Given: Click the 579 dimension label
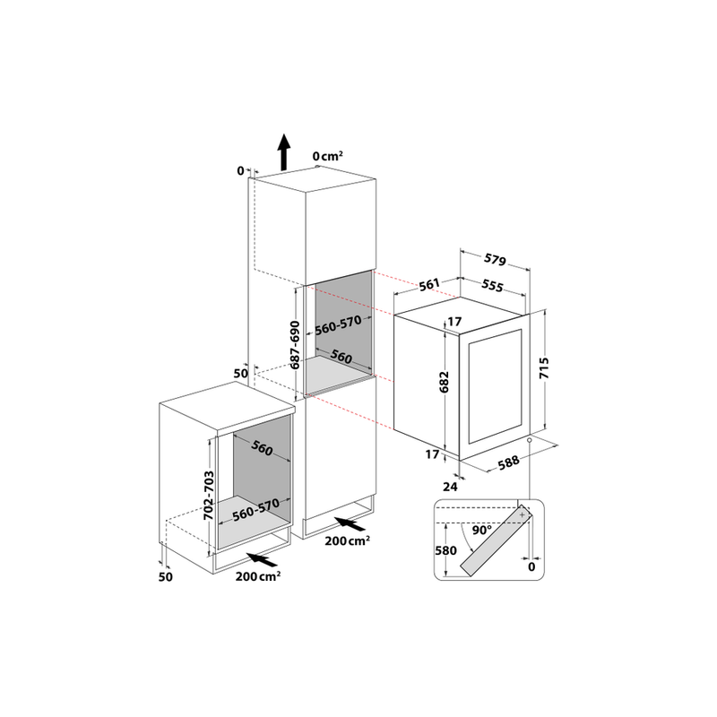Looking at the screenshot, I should pyautogui.click(x=494, y=262).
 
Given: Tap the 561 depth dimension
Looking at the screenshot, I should pyautogui.click(x=428, y=285).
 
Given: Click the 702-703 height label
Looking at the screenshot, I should pyautogui.click(x=207, y=497).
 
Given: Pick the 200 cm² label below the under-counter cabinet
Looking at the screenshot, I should pyautogui.click(x=258, y=575).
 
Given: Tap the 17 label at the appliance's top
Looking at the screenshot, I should pyautogui.click(x=454, y=322).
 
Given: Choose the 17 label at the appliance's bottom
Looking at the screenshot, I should pyautogui.click(x=433, y=454).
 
